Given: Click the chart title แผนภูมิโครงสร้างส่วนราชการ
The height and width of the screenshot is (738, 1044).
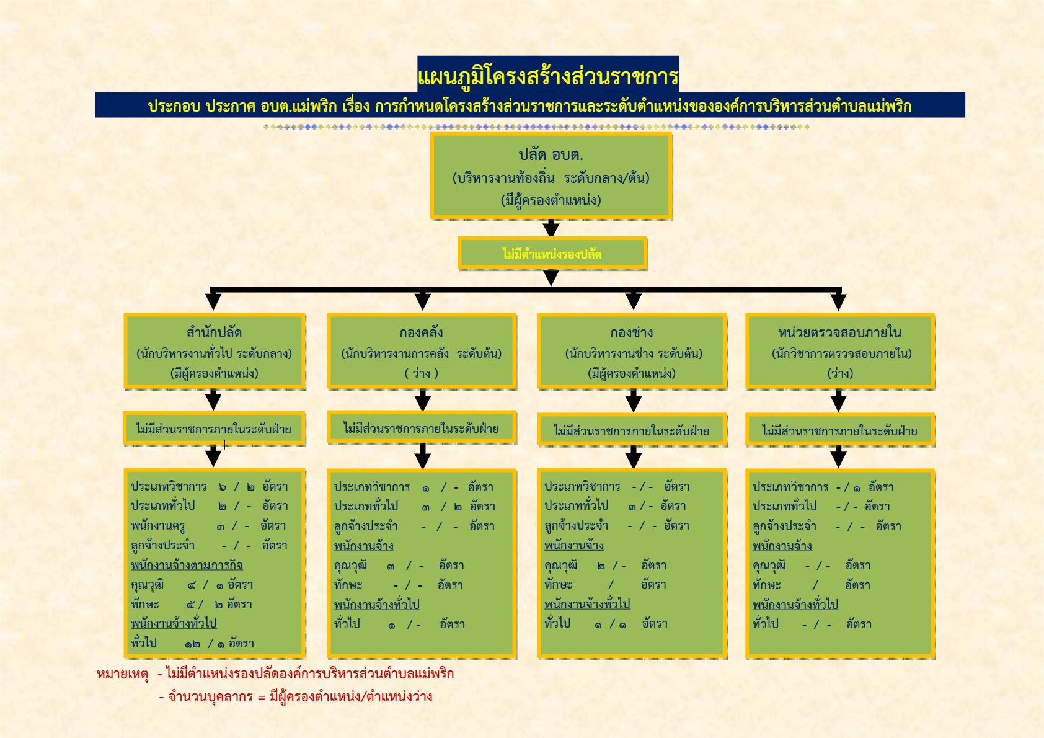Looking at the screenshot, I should click(548, 76).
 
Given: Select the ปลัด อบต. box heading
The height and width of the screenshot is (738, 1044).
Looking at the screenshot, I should click(551, 154).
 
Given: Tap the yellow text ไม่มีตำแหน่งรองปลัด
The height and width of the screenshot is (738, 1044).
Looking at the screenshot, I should click(552, 254).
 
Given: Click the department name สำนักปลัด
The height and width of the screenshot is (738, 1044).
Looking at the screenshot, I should click(214, 332).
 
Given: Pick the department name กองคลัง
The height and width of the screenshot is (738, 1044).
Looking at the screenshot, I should click(421, 332).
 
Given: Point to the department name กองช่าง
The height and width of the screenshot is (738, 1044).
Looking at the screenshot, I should click(631, 332).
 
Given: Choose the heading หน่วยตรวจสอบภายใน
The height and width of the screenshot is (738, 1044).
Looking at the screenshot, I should click(839, 332).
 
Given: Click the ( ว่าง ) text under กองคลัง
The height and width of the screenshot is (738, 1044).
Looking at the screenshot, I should click(421, 373).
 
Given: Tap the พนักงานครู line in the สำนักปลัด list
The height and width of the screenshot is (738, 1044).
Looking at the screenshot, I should click(208, 526).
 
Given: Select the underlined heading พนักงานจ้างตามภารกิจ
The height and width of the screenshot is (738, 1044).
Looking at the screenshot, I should click(187, 565).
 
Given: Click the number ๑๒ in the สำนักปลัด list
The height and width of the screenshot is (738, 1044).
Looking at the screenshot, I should click(192, 644).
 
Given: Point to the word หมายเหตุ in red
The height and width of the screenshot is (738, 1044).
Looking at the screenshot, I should click(122, 674).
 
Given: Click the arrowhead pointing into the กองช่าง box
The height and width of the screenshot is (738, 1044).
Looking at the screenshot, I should click(633, 302).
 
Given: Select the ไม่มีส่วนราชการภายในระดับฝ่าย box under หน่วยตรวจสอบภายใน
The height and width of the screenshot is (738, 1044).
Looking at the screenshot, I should click(839, 430).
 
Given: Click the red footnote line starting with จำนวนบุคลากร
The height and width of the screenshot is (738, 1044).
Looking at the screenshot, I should click(296, 697).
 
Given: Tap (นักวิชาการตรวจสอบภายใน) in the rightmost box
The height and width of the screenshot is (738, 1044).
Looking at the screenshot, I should click(841, 353).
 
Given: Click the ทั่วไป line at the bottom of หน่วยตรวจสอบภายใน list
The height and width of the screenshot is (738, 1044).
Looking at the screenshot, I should click(812, 624).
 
